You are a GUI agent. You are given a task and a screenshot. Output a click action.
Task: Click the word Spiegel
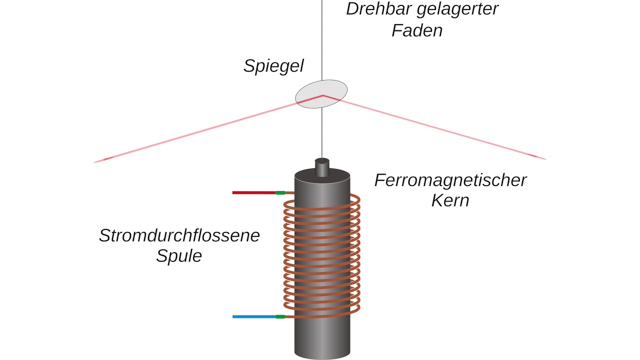tap(273, 66)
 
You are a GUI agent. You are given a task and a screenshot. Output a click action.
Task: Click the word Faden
tap(417, 30)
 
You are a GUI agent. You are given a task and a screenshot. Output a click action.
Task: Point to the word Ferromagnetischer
tap(450, 180)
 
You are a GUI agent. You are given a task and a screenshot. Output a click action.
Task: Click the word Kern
tap(450, 200)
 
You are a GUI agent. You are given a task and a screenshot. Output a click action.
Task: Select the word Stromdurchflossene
tap(179, 235)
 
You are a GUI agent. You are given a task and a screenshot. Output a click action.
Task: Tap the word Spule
tap(179, 256)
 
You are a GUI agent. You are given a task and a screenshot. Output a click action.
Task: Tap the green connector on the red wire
tap(280, 192)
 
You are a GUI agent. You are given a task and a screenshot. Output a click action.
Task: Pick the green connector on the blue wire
tap(280, 316)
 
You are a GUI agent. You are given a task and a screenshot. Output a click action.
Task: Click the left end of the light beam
tap(96, 161)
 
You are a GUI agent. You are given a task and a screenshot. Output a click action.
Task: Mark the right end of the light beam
tap(544, 159)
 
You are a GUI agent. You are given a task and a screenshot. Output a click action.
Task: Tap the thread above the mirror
tap(322, 40)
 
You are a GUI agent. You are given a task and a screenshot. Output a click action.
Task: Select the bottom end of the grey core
tap(322, 352)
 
